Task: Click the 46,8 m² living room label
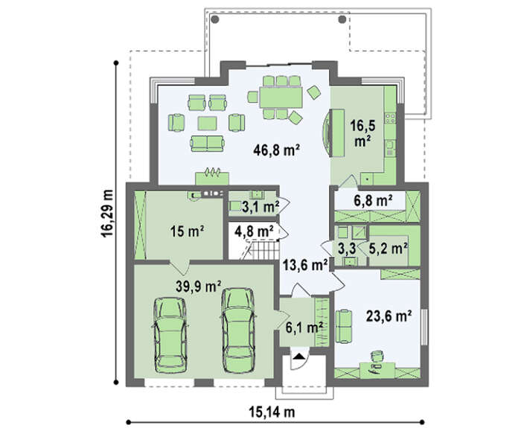[276, 151]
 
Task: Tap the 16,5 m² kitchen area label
[363, 133]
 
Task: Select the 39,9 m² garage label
[199, 287]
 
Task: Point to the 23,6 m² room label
[389, 316]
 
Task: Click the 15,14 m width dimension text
[272, 412]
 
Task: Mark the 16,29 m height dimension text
[106, 214]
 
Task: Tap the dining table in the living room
[281, 97]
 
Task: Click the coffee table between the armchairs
[208, 123]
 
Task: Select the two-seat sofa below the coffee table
[207, 143]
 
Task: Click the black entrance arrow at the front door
[299, 357]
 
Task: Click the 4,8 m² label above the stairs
[254, 231]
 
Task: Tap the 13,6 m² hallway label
[306, 265]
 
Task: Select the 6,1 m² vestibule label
[304, 328]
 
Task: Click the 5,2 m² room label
[389, 248]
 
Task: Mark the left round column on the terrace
[215, 19]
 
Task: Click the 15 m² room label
[187, 231]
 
